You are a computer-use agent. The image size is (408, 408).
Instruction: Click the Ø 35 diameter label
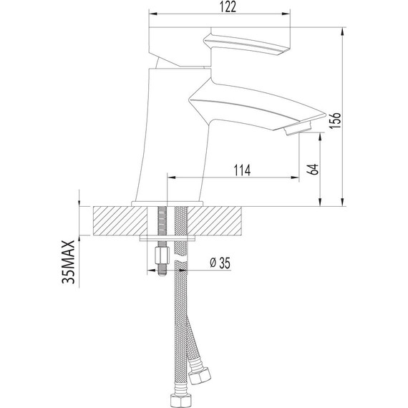tap(220, 263)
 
